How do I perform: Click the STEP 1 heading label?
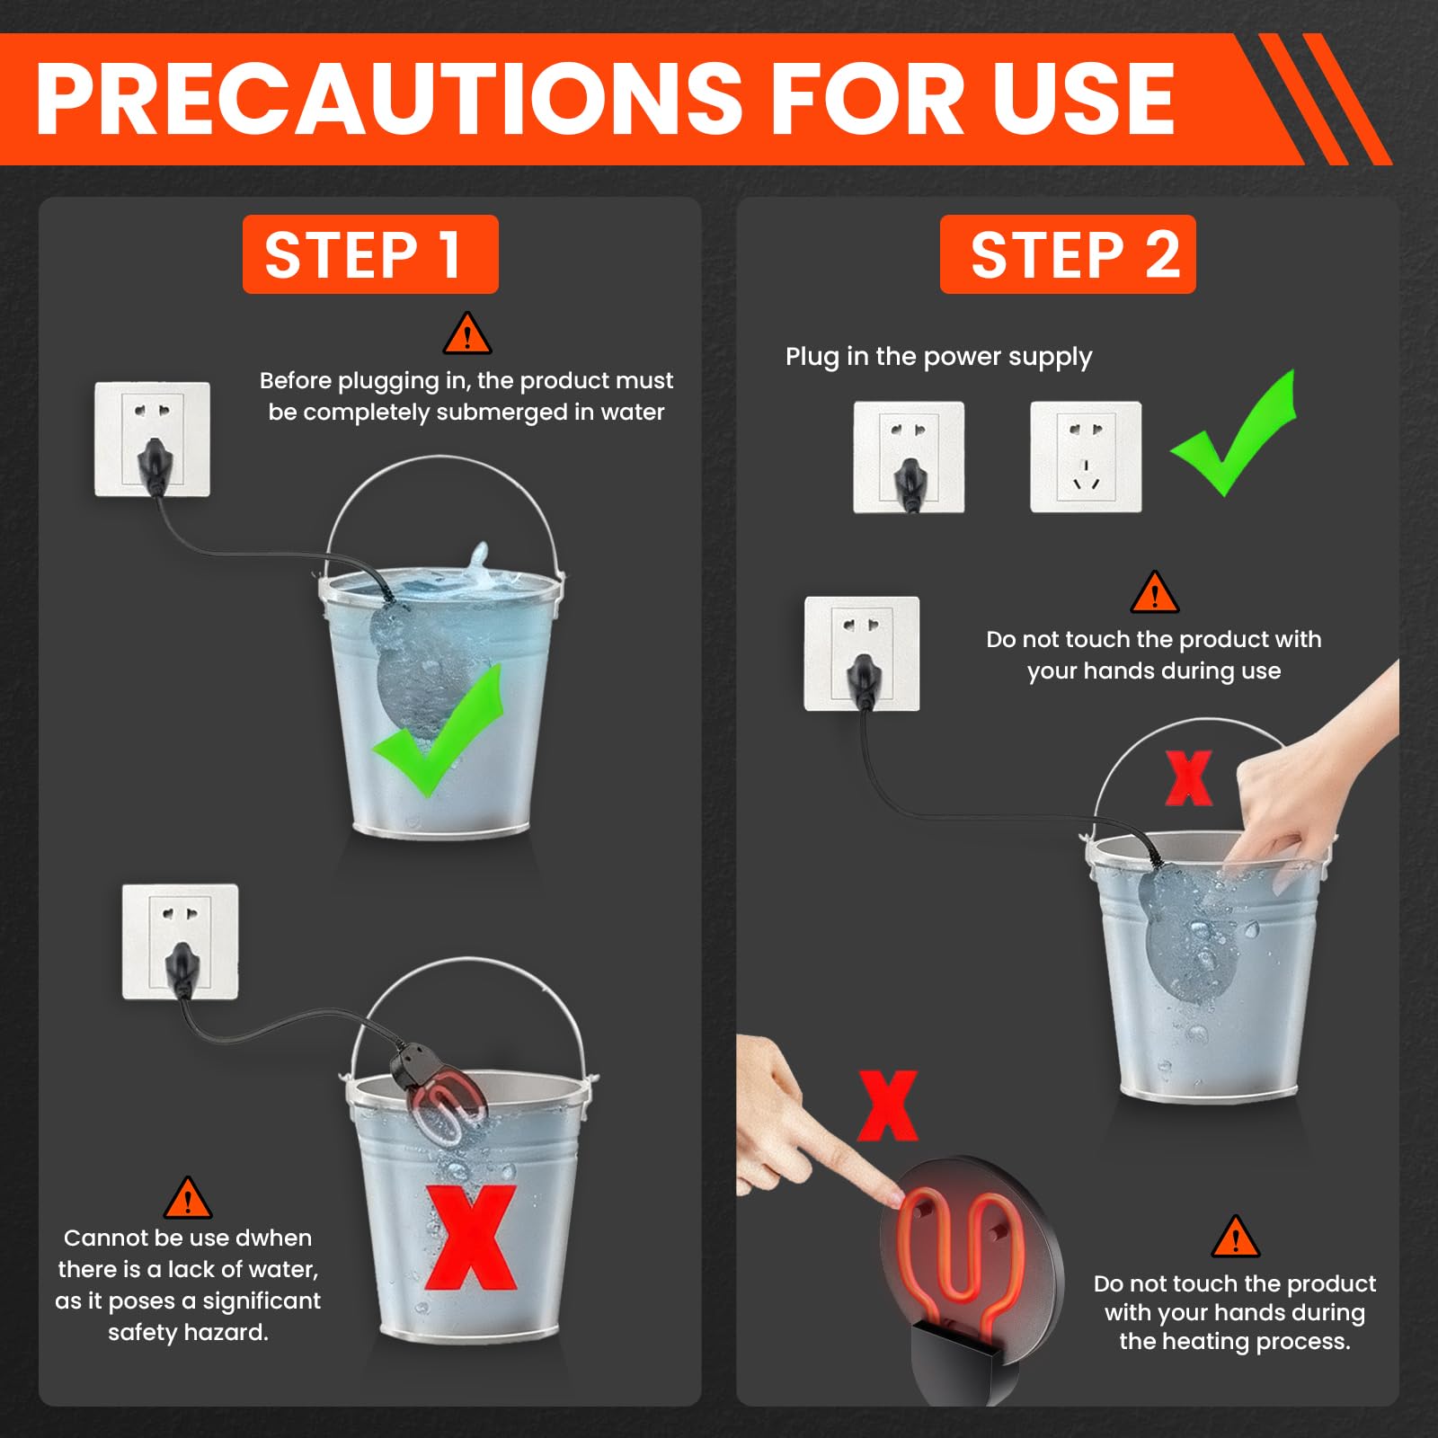click(x=370, y=254)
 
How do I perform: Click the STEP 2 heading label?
click(x=1068, y=254)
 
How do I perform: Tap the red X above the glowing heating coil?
click(x=887, y=1105)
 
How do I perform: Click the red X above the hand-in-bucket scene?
click(x=1188, y=778)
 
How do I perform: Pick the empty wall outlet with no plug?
click(x=1086, y=457)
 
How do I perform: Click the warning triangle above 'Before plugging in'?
click(x=467, y=334)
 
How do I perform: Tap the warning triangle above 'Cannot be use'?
click(x=188, y=1198)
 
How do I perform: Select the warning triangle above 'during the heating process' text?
click(x=1236, y=1237)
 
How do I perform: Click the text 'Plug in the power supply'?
click(x=939, y=357)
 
